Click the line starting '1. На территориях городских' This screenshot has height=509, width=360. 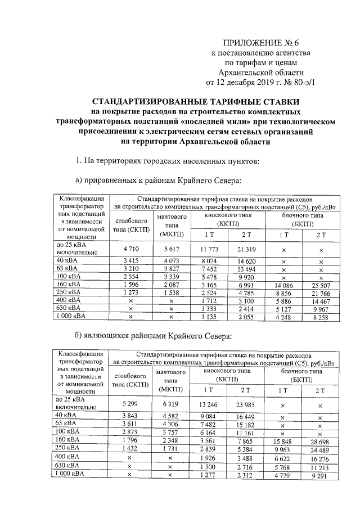(167, 161)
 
